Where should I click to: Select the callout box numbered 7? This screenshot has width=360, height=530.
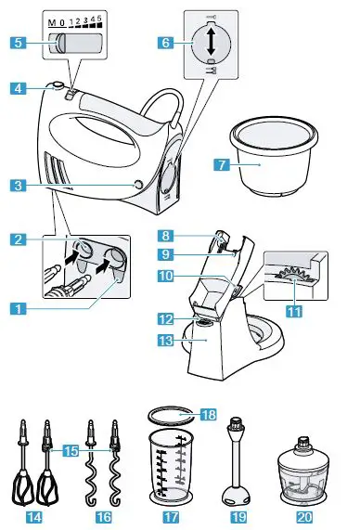click(x=220, y=165)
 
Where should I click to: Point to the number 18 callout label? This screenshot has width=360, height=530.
click(x=209, y=414)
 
